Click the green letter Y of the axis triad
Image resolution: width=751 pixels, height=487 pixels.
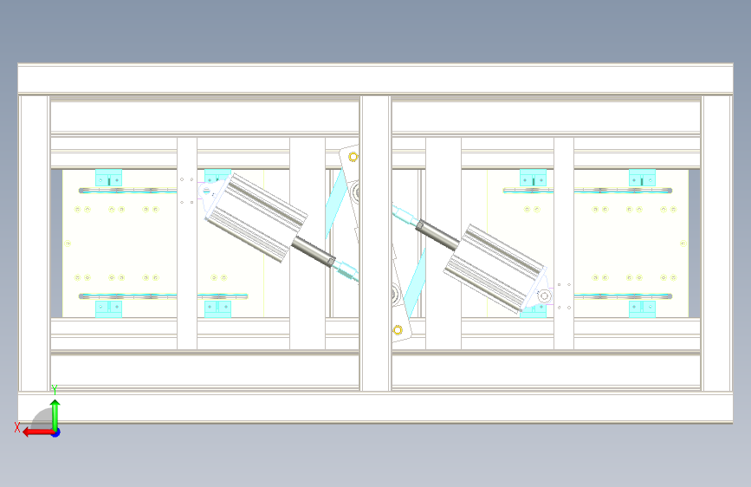coord(55,390)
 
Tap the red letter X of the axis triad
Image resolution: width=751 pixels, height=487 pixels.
coord(17,427)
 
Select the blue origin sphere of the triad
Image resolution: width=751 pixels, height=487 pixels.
coord(56,432)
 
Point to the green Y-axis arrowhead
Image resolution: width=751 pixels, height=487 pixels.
coord(55,405)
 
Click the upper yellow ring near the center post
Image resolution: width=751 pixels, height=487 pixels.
coord(353,157)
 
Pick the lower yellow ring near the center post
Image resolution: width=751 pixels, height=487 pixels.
coord(398,330)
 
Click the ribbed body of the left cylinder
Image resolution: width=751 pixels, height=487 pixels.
coord(256,218)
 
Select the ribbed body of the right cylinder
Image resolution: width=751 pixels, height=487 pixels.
coord(495,268)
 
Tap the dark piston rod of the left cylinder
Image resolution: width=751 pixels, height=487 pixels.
coord(314,251)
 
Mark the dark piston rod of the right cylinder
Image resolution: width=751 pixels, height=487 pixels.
coord(437,235)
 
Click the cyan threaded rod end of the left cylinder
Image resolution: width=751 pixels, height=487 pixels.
coord(346,272)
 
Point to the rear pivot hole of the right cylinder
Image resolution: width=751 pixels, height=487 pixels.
coord(544,296)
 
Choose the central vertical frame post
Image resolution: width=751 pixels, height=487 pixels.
coord(376,243)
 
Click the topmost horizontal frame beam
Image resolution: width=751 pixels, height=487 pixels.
coord(376,79)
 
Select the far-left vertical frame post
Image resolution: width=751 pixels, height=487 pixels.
coord(34,243)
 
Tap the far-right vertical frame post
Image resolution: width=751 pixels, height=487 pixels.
coord(717,243)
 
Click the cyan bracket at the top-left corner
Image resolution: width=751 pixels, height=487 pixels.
coord(109,178)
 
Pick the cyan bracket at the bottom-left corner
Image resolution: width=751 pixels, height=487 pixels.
coord(109,309)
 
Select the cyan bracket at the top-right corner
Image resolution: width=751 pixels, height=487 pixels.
coord(642,178)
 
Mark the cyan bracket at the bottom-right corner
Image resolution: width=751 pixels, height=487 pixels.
coord(642,309)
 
